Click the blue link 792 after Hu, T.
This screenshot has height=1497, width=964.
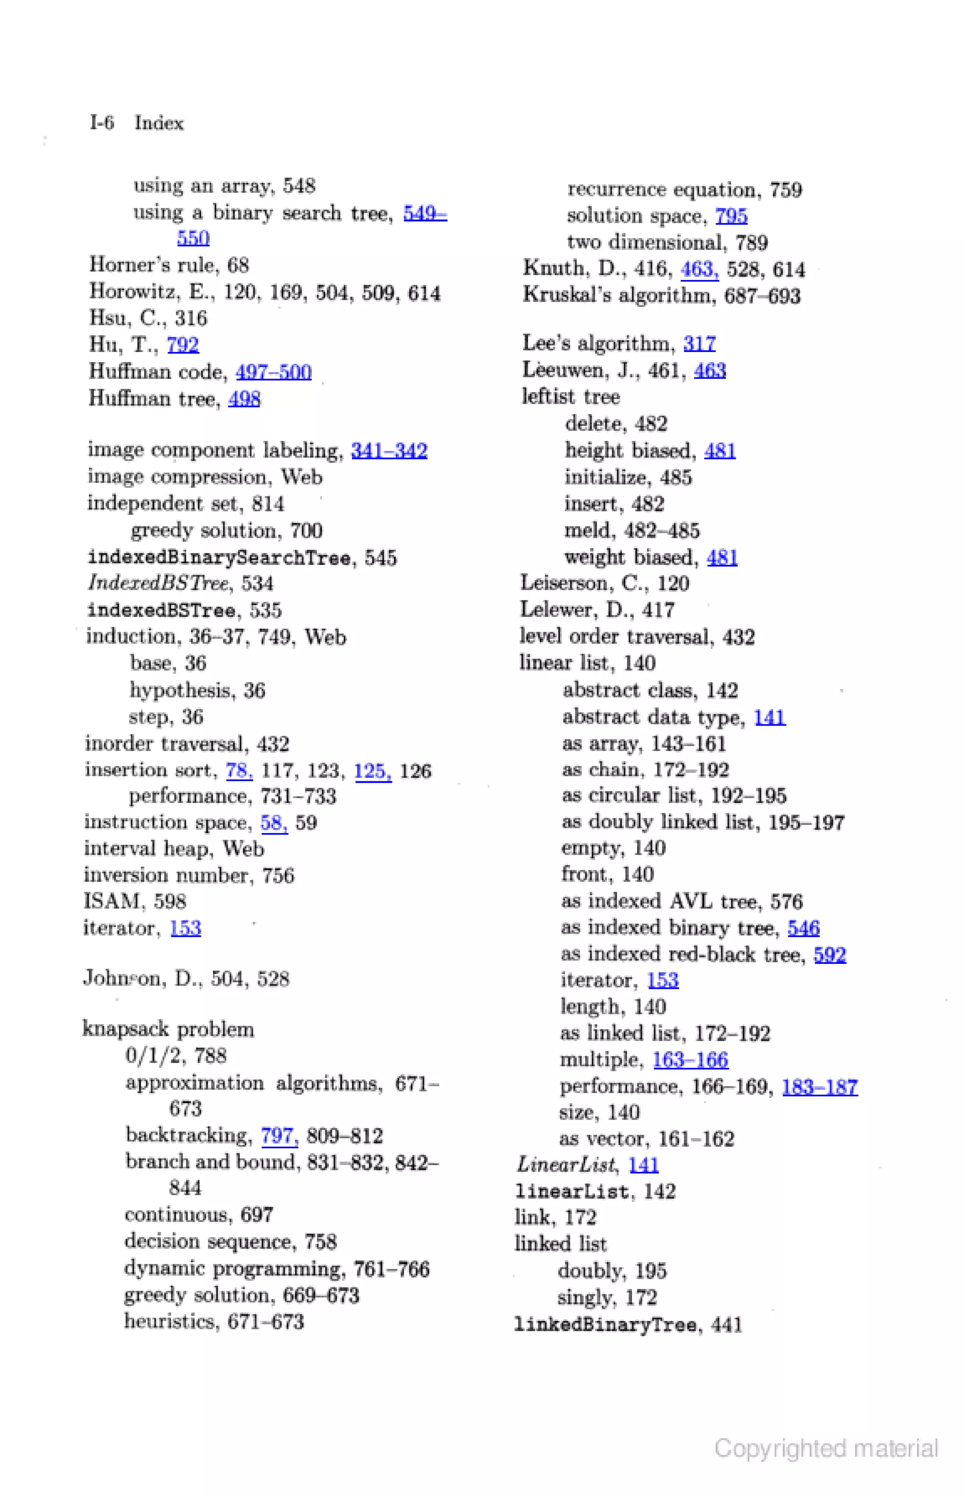click(x=183, y=345)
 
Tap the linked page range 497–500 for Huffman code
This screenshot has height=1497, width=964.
click(x=273, y=372)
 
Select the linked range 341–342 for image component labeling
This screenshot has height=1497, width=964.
click(x=389, y=450)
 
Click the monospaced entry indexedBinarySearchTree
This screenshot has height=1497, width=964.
click(x=219, y=557)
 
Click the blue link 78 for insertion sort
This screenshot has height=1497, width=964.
click(x=239, y=770)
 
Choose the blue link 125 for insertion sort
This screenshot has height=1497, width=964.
click(x=372, y=770)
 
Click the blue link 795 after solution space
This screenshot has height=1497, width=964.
click(x=731, y=216)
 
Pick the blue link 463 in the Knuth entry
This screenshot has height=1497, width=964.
click(x=699, y=269)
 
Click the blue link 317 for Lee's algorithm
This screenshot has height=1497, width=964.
click(x=699, y=343)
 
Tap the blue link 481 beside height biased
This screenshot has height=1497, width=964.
click(x=720, y=450)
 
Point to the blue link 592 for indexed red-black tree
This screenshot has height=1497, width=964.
click(x=829, y=954)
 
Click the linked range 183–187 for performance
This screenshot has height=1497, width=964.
click(x=819, y=1087)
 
